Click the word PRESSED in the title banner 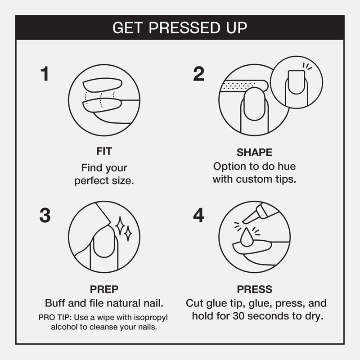click(x=185, y=28)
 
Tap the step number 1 click(x=45, y=74)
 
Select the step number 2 click(x=198, y=74)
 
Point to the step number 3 click(x=45, y=215)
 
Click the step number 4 click(x=198, y=215)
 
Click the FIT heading click(x=104, y=151)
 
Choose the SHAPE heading click(x=254, y=153)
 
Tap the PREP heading click(x=104, y=289)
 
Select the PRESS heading click(x=254, y=289)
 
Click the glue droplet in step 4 click(x=247, y=238)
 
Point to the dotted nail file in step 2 click(x=244, y=85)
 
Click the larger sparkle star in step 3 click(x=120, y=226)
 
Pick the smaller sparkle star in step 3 click(x=128, y=234)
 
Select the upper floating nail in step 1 click(x=102, y=85)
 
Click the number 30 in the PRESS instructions click(x=239, y=316)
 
